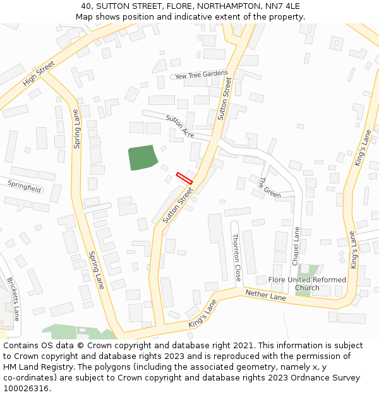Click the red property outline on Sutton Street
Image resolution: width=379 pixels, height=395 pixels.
(x=184, y=178)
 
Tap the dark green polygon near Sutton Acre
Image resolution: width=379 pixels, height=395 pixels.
(x=142, y=157)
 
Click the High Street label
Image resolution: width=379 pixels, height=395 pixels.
(x=39, y=73)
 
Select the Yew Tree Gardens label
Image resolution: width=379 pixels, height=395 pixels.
(x=202, y=75)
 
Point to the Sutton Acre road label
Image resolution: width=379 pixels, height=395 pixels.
(x=180, y=126)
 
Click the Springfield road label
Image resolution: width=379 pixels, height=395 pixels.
(x=25, y=186)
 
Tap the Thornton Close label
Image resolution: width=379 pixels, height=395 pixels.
(x=236, y=257)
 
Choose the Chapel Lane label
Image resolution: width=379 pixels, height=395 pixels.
(x=295, y=246)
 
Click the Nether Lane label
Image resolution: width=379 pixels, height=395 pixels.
(x=265, y=293)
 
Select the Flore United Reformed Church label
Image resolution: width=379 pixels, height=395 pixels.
(x=307, y=284)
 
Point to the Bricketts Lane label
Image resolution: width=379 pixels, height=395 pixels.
(x=13, y=298)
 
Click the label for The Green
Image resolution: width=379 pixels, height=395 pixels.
(x=268, y=187)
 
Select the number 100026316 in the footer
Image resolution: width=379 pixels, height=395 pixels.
(x=26, y=388)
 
